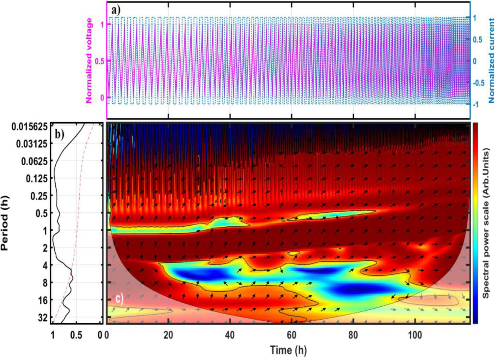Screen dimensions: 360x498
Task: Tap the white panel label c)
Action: (x=120, y=299)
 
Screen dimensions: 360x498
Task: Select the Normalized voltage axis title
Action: (x=89, y=61)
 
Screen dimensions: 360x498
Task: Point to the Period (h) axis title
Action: (x=5, y=223)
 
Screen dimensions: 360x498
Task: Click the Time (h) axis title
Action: (x=288, y=350)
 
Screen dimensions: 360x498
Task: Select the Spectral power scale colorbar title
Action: (x=486, y=223)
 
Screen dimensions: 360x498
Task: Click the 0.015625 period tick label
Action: (x=30, y=126)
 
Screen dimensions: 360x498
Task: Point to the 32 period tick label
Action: (x=43, y=318)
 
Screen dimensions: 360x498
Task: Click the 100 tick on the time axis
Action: (x=415, y=335)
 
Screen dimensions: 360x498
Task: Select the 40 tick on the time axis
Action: (x=230, y=335)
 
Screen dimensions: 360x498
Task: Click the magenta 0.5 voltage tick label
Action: (x=100, y=61)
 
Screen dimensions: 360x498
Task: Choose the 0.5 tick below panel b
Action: (x=76, y=335)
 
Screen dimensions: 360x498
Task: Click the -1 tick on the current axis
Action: (x=476, y=105)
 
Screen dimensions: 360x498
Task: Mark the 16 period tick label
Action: (x=43, y=300)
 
